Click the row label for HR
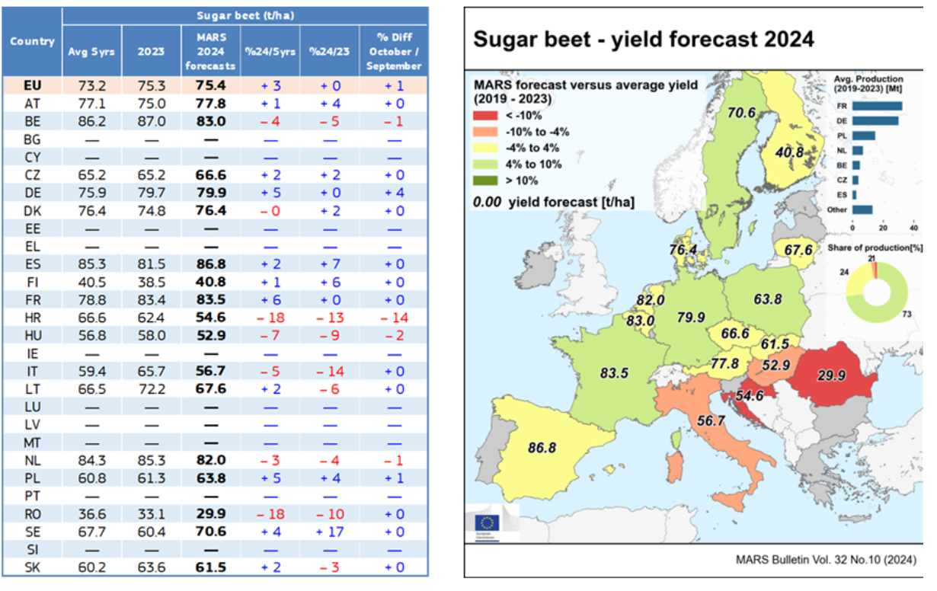(x=32, y=318)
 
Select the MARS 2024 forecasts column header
(x=210, y=51)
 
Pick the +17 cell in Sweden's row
(x=330, y=532)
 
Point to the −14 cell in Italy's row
(x=330, y=371)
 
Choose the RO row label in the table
(x=32, y=514)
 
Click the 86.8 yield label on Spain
(x=542, y=448)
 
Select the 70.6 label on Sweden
(x=740, y=113)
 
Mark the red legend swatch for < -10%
(x=487, y=116)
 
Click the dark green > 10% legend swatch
(x=487, y=180)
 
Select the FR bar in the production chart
(x=876, y=107)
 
